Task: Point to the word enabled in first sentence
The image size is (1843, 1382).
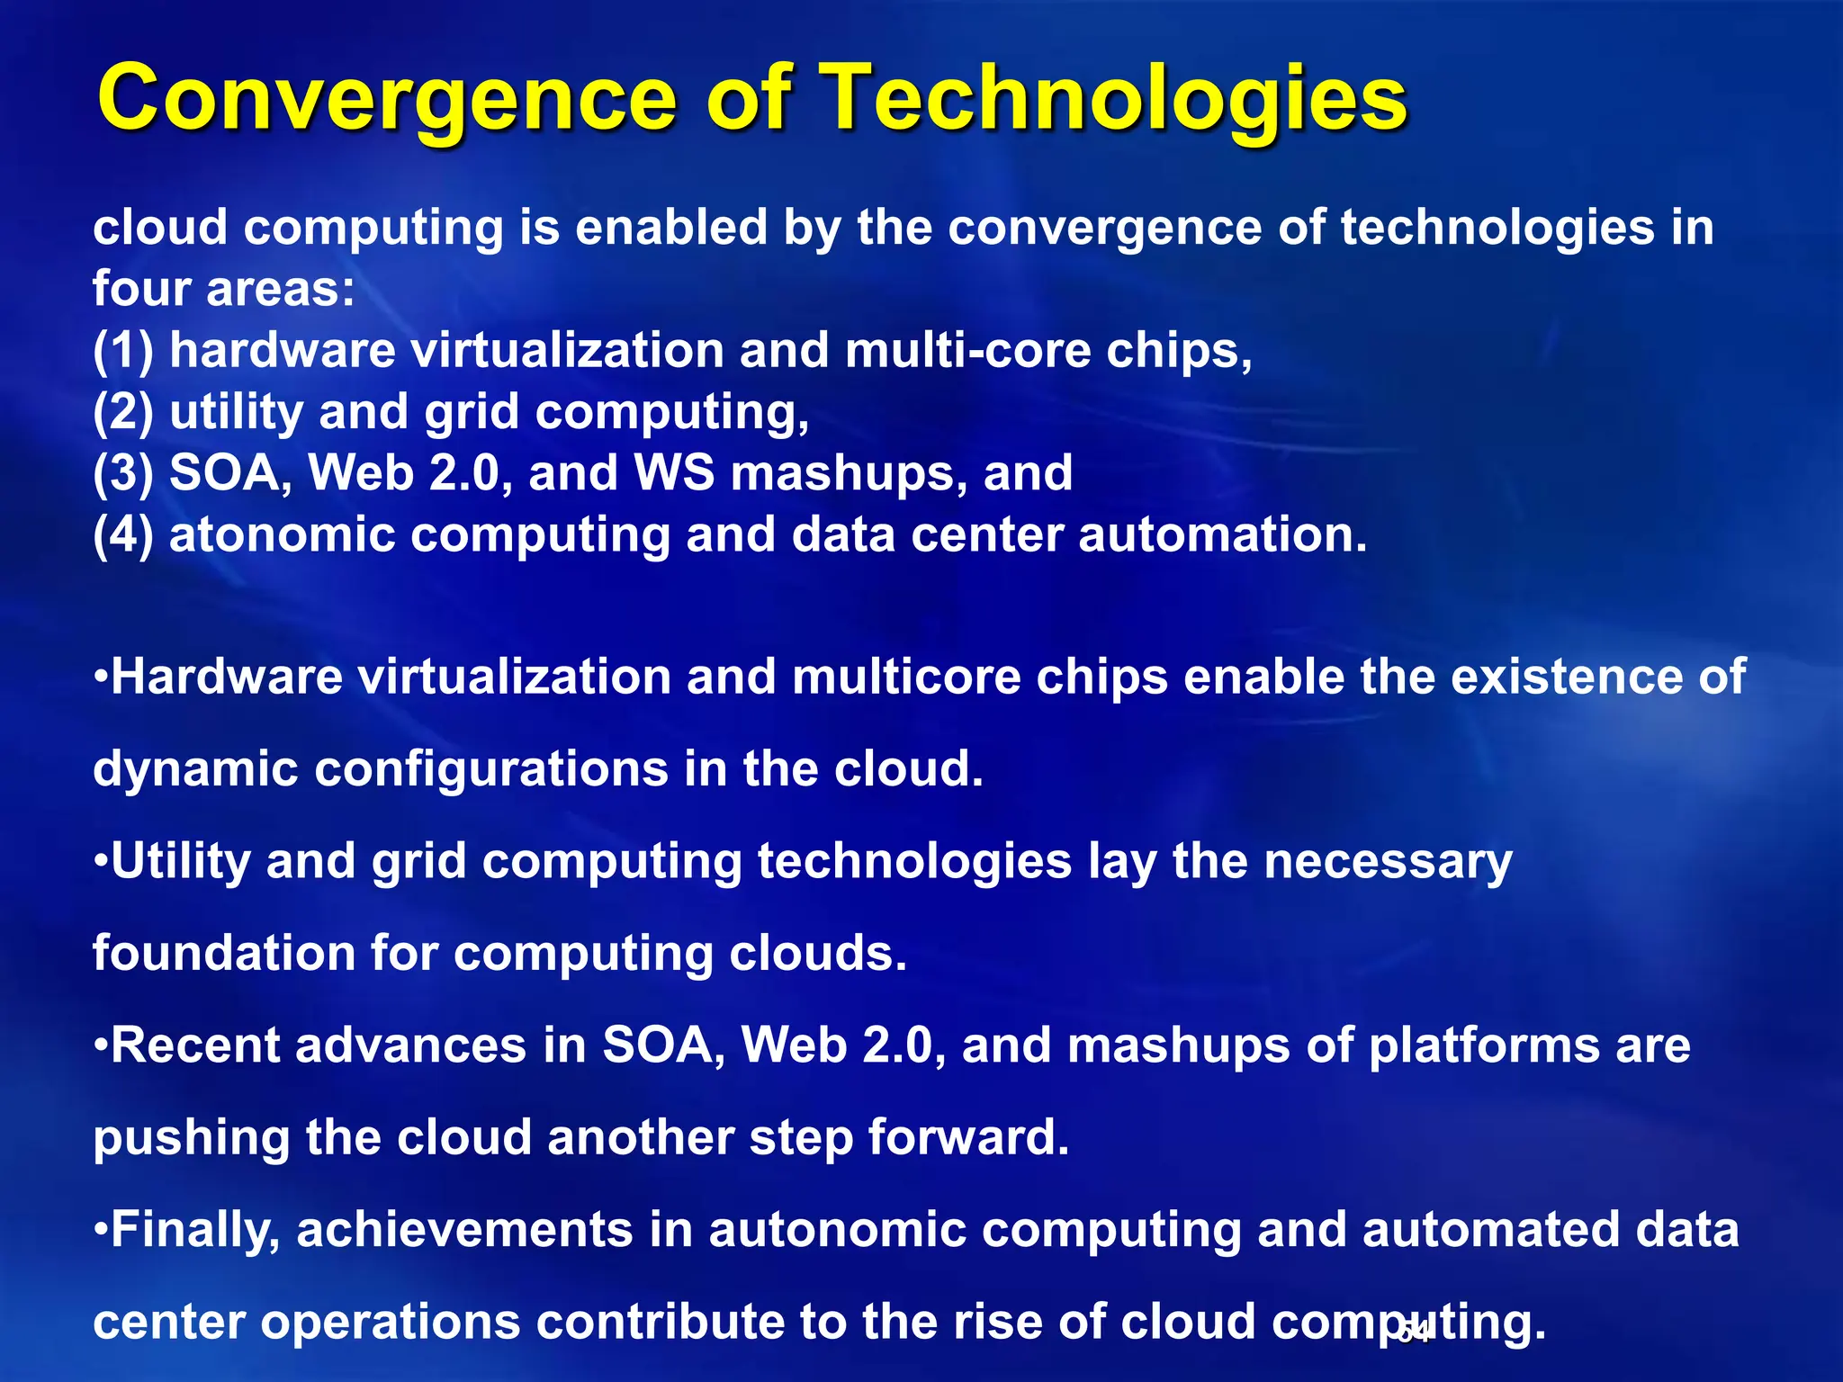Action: click(670, 228)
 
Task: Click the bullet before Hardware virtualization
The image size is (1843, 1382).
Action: click(100, 677)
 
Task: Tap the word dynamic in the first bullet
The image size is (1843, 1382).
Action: click(194, 770)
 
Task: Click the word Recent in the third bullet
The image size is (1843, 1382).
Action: click(195, 1046)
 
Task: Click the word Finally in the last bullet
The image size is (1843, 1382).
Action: click(193, 1231)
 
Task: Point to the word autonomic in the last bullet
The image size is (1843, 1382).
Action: click(837, 1231)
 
